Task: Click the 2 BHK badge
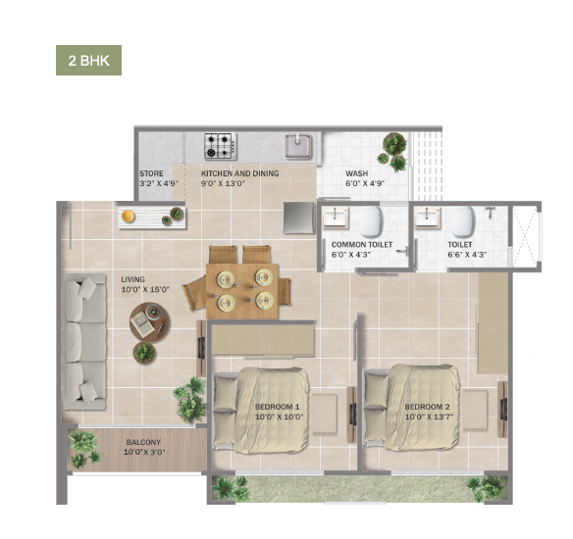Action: [89, 60]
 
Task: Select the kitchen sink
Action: [299, 146]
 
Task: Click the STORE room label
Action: [151, 173]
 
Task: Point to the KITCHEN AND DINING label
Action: [239, 173]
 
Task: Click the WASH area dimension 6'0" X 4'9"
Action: [365, 183]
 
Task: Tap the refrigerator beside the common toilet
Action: [299, 218]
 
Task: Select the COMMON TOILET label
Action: [362, 244]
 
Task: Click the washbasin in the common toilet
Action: [336, 218]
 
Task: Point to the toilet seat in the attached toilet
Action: [462, 221]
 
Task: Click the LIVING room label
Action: [133, 279]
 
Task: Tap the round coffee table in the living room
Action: [149, 321]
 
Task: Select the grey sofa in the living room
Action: [85, 342]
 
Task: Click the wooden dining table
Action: [242, 291]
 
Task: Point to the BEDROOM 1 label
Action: [278, 407]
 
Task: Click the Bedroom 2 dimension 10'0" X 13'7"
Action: [427, 416]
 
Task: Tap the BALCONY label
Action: [143, 442]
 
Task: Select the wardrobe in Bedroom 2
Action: [493, 323]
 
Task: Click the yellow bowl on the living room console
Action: [128, 217]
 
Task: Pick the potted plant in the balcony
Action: [83, 449]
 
